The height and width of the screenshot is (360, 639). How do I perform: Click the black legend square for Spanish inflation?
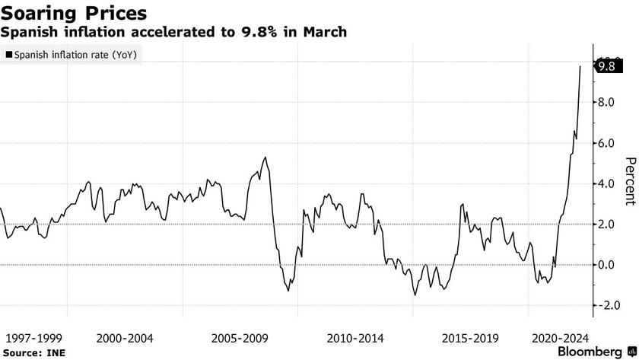pos(9,55)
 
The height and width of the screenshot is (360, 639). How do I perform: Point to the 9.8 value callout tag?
pos(606,66)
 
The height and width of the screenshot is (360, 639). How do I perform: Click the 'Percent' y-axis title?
pos(629,181)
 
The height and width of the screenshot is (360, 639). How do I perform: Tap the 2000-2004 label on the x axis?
pos(124,337)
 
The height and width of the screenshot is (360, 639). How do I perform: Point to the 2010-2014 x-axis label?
pos(355,337)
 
